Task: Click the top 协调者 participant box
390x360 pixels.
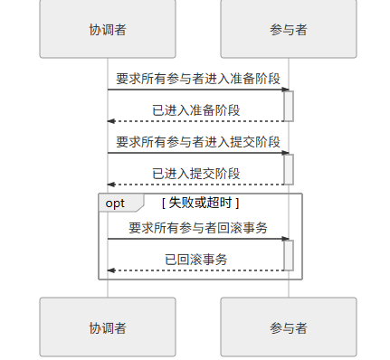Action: (x=107, y=29)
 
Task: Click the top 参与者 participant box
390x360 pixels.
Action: (x=289, y=29)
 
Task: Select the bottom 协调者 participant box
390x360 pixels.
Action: (x=107, y=327)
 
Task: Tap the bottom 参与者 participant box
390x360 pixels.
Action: (x=289, y=327)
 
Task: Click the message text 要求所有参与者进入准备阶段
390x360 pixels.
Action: (x=197, y=79)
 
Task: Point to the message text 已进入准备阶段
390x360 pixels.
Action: (x=197, y=110)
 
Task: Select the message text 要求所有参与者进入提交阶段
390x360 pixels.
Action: (x=197, y=142)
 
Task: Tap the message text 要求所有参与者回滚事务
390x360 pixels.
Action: (x=197, y=228)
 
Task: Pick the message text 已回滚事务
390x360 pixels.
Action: (x=197, y=260)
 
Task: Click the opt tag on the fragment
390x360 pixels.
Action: (x=117, y=204)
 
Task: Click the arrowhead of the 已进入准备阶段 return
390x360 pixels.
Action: (x=111, y=121)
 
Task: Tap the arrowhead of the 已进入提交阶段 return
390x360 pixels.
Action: (x=111, y=185)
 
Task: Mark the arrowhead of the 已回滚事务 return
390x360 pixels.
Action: (x=111, y=270)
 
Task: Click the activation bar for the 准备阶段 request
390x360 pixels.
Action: (x=289, y=106)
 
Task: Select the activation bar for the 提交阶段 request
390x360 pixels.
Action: (x=289, y=169)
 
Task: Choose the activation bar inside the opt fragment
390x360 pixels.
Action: (x=289, y=255)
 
